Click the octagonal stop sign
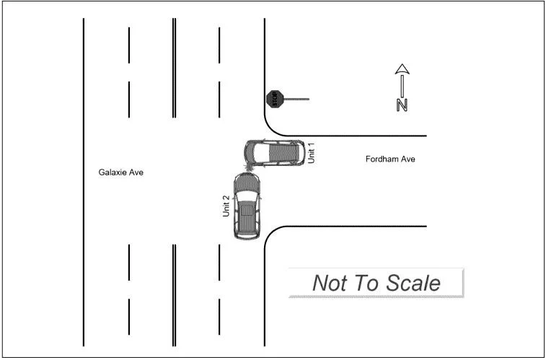[x=273, y=99]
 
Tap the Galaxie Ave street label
[x=121, y=172]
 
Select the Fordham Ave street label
[x=390, y=159]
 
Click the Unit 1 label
[x=312, y=152]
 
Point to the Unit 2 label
[x=226, y=206]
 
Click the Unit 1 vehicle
[x=273, y=152]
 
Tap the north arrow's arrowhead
[x=402, y=70]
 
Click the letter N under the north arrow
[x=402, y=105]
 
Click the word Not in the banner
[x=329, y=283]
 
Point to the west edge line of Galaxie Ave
[x=84, y=180]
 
